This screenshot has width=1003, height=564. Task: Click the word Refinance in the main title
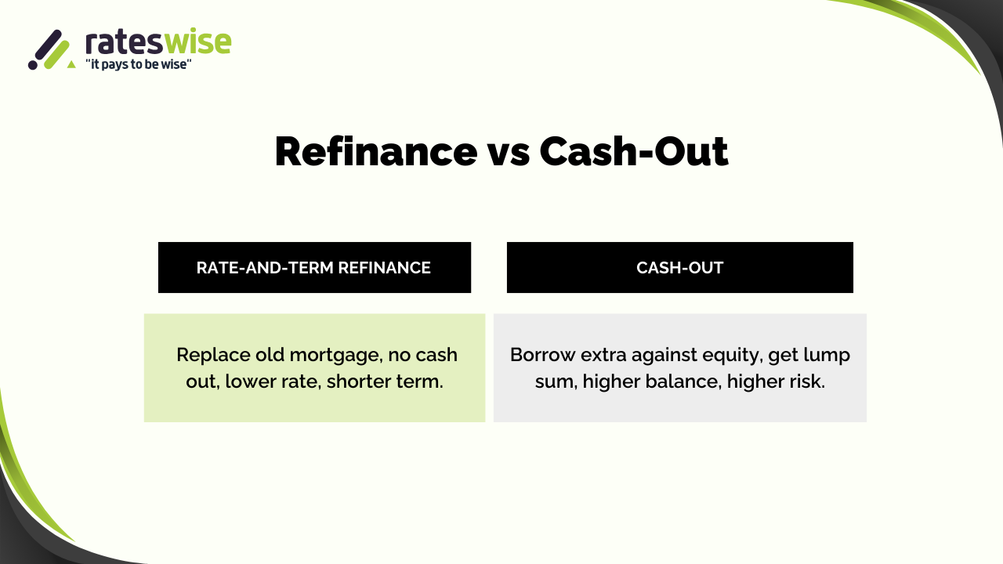(376, 152)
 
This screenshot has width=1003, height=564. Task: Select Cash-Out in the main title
(634, 152)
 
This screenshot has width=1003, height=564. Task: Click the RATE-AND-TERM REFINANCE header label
(313, 268)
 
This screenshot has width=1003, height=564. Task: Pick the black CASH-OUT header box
(679, 268)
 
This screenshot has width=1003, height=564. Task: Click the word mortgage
(336, 356)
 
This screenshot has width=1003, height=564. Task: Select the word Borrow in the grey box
(543, 355)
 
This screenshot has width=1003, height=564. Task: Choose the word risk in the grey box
(808, 381)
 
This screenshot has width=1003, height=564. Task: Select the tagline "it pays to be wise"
(139, 64)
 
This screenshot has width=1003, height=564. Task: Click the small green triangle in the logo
(71, 64)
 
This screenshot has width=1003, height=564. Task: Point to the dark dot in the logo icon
(33, 65)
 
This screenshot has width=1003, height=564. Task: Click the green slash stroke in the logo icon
(57, 55)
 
